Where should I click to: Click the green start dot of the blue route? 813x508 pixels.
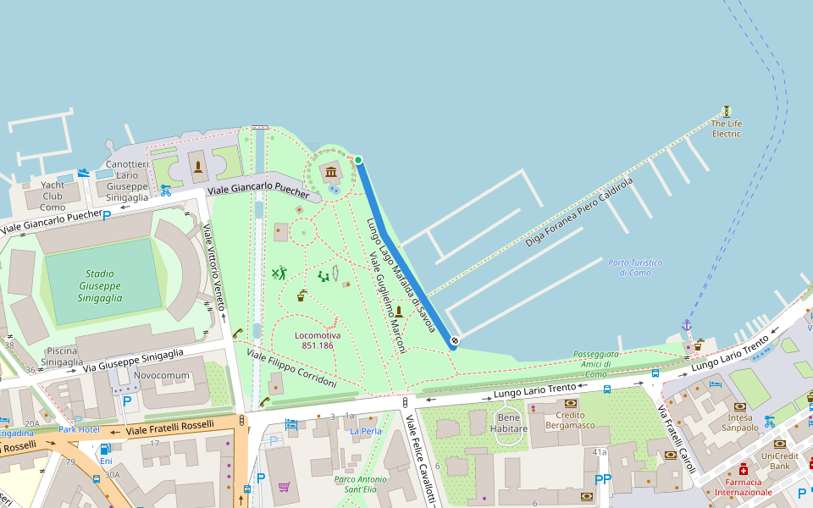[x=358, y=160]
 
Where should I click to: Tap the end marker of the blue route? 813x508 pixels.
[x=454, y=341]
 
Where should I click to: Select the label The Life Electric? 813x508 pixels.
[x=726, y=129]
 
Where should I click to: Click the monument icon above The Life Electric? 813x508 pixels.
[x=726, y=111]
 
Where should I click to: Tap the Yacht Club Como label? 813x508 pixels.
[x=53, y=196]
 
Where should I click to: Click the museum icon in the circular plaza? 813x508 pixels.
[x=330, y=174]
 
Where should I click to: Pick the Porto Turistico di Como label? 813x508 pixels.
[x=629, y=268]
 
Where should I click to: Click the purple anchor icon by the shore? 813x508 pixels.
[x=686, y=325]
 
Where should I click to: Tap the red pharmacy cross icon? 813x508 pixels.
[x=744, y=470]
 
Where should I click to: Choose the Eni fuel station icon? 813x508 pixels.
[x=106, y=450]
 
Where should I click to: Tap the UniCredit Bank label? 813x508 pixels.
[x=780, y=461]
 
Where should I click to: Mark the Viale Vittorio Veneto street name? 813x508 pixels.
[x=215, y=267]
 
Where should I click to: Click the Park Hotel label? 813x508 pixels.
[x=79, y=429]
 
